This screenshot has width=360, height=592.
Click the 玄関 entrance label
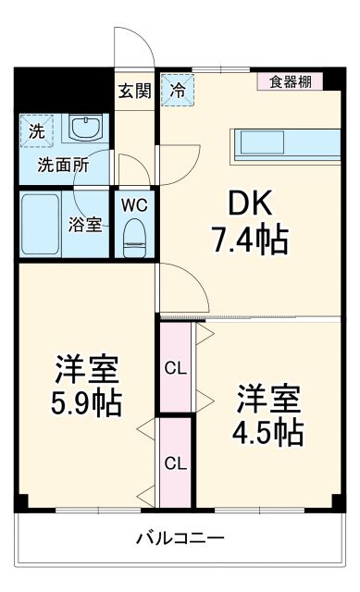134,91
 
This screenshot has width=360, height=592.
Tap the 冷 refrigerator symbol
176,91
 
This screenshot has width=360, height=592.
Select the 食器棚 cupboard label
290,81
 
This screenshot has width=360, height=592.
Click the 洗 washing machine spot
35,131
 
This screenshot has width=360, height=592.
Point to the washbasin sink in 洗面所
88,129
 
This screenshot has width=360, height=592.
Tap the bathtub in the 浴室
41,224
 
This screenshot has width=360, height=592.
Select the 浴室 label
86,224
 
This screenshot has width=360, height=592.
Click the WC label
134,202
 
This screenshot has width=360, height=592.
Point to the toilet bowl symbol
135,237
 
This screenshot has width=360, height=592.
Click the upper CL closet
175,367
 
